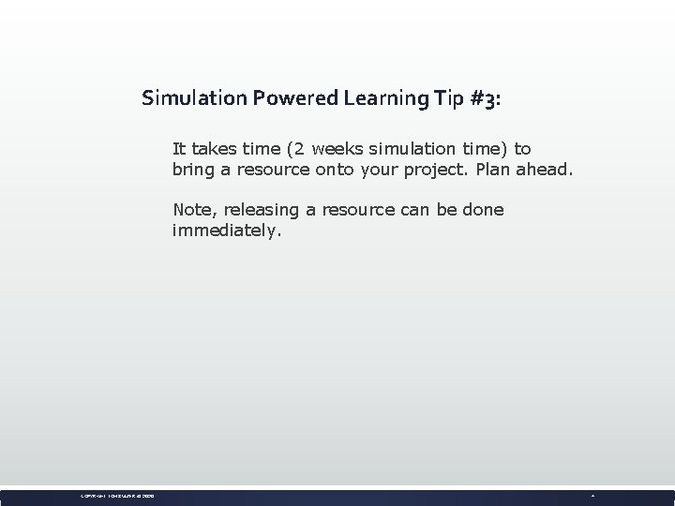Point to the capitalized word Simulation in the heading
pyautogui.click(x=183, y=98)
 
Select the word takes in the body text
pyautogui.click(x=215, y=149)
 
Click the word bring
pyautogui.click(x=193, y=171)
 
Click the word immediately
pyautogui.click(x=226, y=231)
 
